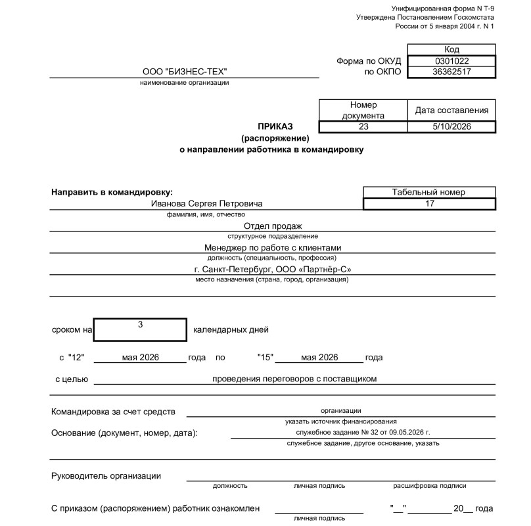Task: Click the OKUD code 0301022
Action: point(451,61)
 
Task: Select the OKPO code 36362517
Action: point(451,72)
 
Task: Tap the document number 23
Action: point(363,127)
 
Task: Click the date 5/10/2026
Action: point(451,127)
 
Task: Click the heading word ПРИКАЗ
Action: point(275,126)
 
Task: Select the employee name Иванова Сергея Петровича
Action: point(206,204)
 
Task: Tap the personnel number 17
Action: point(430,204)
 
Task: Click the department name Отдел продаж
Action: point(272,226)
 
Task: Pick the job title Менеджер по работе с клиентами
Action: point(272,248)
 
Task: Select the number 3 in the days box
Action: point(140,325)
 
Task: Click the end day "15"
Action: point(266,358)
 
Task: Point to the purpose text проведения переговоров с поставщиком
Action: point(294,379)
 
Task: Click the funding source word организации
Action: point(340,411)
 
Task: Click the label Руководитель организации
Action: point(106,476)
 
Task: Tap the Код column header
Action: point(451,50)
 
